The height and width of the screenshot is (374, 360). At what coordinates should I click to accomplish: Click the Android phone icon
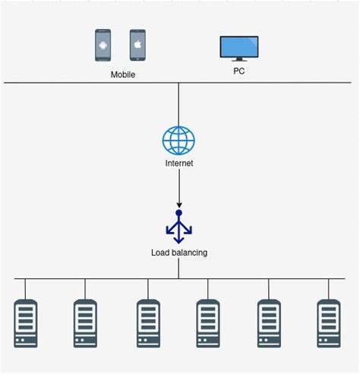pyautogui.click(x=103, y=46)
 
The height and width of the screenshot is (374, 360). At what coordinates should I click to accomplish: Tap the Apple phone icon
pyautogui.click(x=137, y=46)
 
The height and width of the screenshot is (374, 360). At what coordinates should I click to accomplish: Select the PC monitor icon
pyautogui.click(x=238, y=49)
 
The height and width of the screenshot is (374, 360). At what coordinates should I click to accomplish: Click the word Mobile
pyautogui.click(x=122, y=74)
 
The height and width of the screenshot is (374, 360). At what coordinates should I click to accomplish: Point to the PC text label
pyautogui.click(x=238, y=71)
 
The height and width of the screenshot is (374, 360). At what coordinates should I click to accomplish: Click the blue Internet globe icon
pyautogui.click(x=178, y=140)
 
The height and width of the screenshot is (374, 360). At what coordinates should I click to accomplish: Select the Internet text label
pyautogui.click(x=178, y=164)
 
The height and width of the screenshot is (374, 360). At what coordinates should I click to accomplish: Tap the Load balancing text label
pyautogui.click(x=178, y=252)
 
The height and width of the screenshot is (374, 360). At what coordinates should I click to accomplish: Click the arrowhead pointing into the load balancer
pyautogui.click(x=178, y=204)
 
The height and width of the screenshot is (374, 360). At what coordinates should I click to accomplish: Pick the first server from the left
pyautogui.click(x=25, y=324)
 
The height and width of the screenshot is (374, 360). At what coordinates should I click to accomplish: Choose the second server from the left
pyautogui.click(x=85, y=324)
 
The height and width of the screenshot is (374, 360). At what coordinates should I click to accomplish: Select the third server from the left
pyautogui.click(x=148, y=324)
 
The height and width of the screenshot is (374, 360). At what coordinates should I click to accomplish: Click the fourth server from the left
pyautogui.click(x=208, y=324)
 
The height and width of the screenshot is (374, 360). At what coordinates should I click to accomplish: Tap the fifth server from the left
pyautogui.click(x=269, y=324)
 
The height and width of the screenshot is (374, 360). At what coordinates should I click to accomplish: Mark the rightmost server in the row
pyautogui.click(x=328, y=324)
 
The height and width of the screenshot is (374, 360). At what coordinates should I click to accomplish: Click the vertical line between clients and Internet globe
pyautogui.click(x=178, y=102)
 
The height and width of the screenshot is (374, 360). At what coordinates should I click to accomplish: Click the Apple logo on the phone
pyautogui.click(x=137, y=45)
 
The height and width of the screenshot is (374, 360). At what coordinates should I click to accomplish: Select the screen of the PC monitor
pyautogui.click(x=238, y=46)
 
